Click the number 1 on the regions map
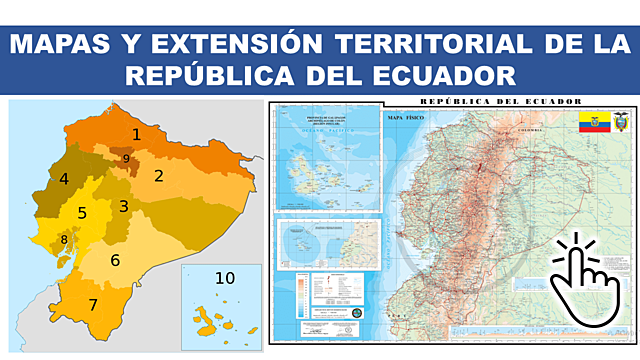pyautogui.click(x=137, y=134)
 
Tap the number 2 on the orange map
pyautogui.click(x=158, y=176)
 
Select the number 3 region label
pyautogui.click(x=123, y=207)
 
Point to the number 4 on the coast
pyautogui.click(x=64, y=180)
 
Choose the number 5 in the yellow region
pyautogui.click(x=82, y=213)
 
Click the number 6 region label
pyautogui.click(x=115, y=261)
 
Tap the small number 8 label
pyautogui.click(x=64, y=239)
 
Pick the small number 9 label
pyautogui.click(x=126, y=158)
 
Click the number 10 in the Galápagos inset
pyautogui.click(x=224, y=278)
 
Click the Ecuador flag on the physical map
pyautogui.click(x=592, y=125)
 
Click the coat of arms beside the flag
pyautogui.click(x=620, y=125)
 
